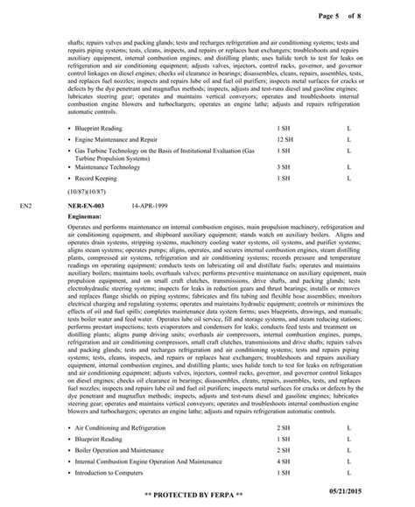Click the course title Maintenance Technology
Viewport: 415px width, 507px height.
tap(107, 166)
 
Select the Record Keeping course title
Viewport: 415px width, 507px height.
tap(97, 178)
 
